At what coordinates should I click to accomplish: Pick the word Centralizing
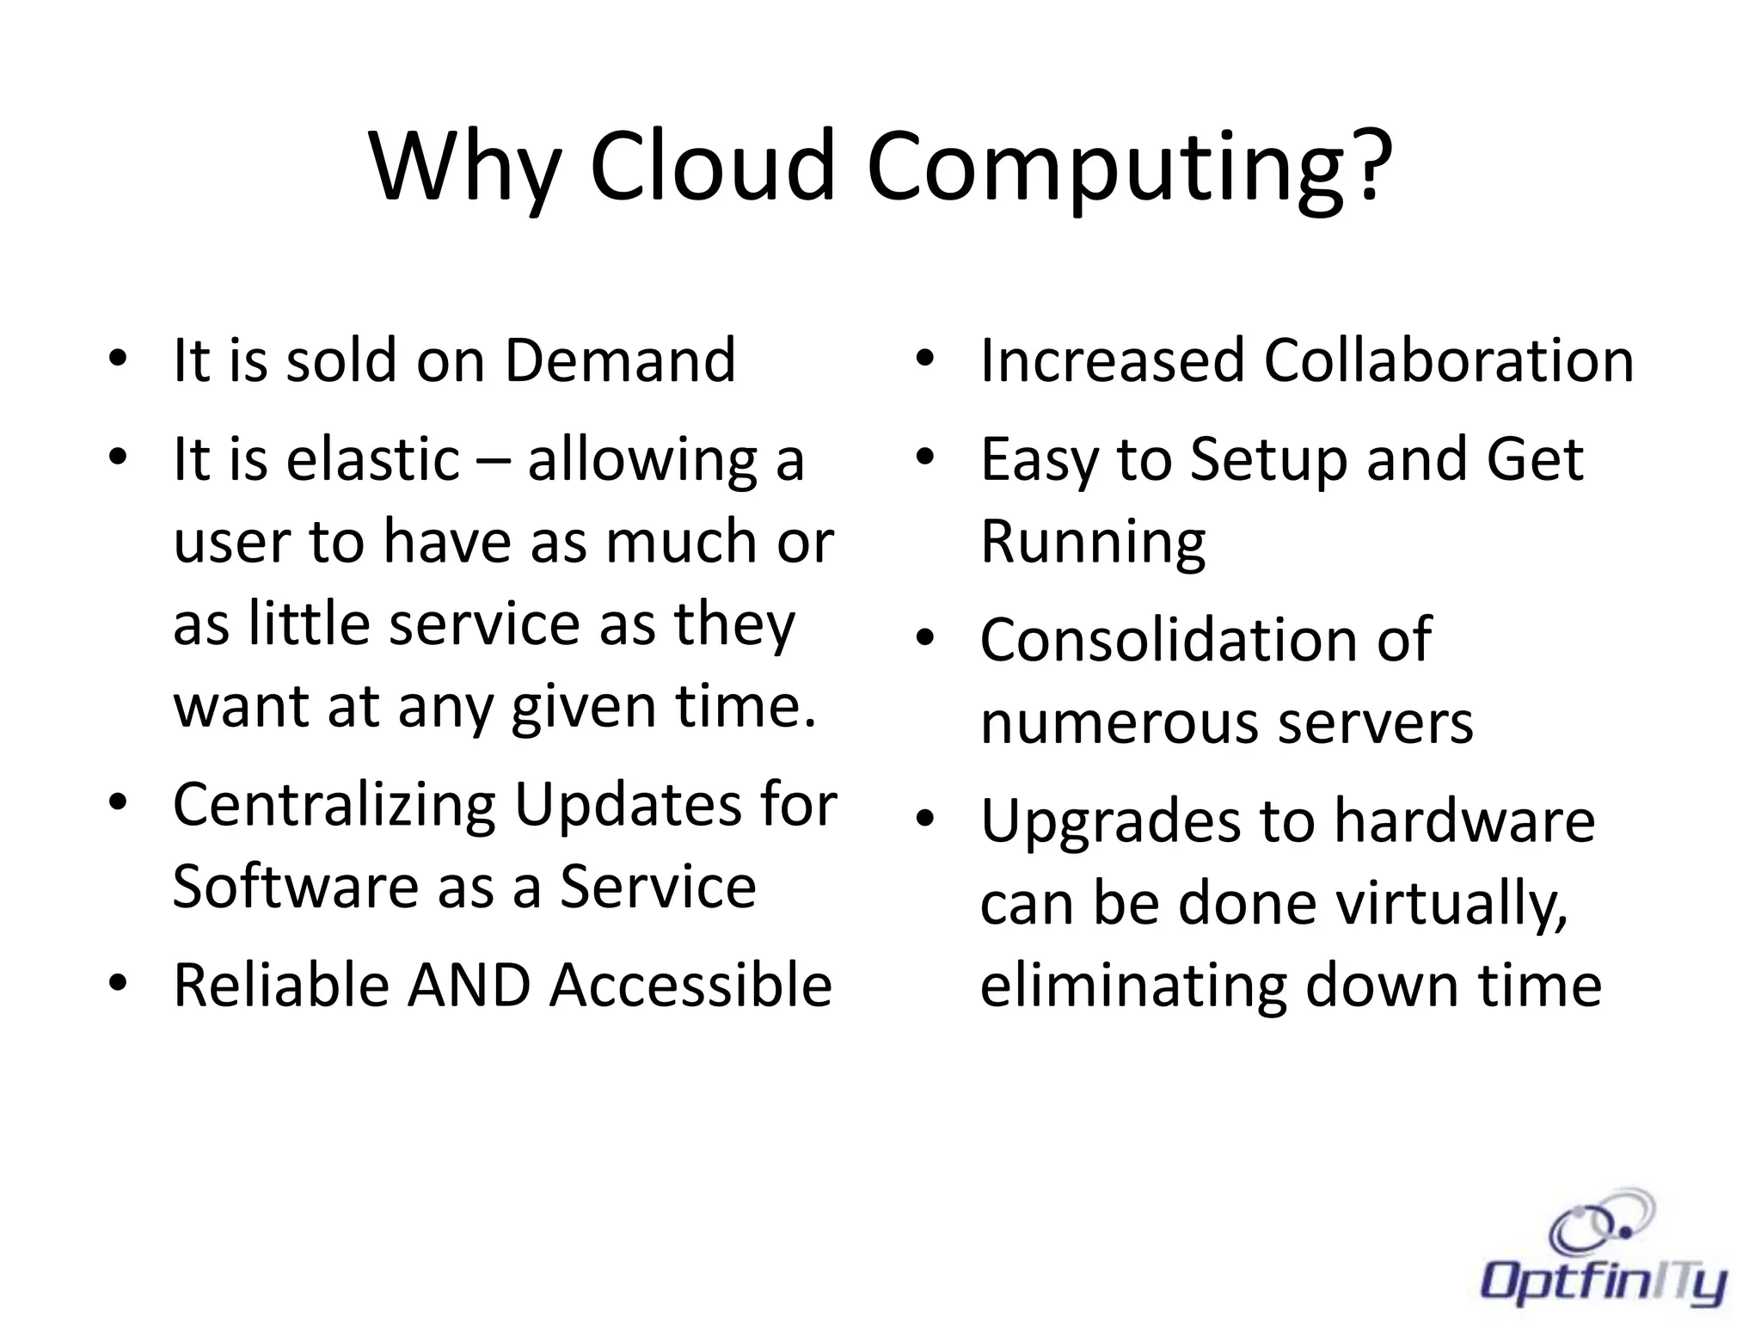click(334, 806)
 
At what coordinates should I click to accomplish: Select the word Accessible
click(690, 985)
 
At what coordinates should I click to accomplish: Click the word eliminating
click(1134, 985)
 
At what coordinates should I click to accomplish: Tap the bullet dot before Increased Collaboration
click(924, 359)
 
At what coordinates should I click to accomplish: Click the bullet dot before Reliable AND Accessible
click(118, 983)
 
